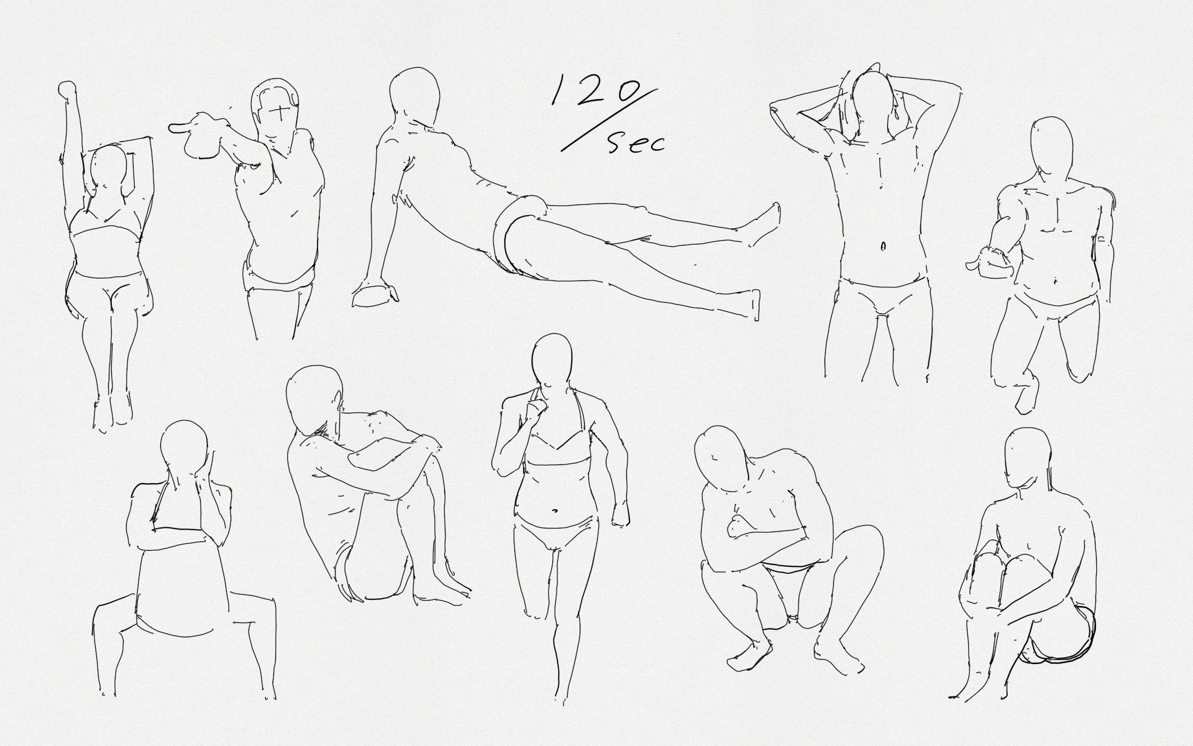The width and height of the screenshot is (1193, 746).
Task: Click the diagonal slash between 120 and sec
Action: pos(609,119)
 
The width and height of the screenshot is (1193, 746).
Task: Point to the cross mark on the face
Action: pos(283,113)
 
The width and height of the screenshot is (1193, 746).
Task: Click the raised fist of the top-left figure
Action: pos(66,89)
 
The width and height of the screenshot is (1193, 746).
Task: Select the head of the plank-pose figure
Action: pos(414,94)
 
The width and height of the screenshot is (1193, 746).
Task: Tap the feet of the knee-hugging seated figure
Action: pos(441,588)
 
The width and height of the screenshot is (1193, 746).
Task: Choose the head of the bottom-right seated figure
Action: pos(1028,457)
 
